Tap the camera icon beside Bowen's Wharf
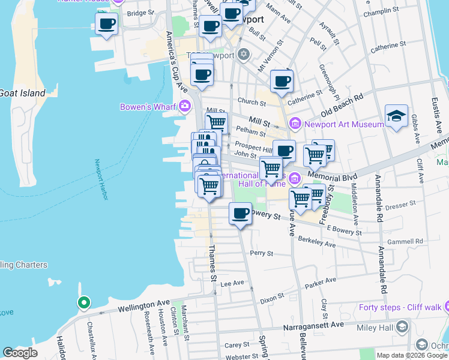184,106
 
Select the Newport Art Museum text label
344,124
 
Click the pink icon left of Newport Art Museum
295,124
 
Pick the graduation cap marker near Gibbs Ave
397,116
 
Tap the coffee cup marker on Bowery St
241,214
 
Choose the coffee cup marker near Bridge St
106,25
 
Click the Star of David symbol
243,55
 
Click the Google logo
20,353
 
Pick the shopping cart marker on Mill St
216,123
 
